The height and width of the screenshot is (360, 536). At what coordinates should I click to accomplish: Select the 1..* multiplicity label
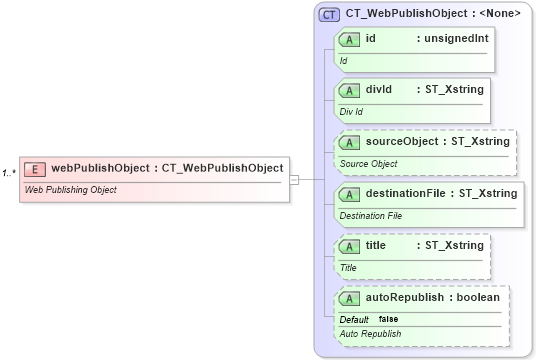point(9,173)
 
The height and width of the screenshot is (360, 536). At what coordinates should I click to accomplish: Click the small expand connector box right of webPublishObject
point(295,179)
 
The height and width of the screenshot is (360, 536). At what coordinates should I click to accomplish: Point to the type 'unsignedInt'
point(455,38)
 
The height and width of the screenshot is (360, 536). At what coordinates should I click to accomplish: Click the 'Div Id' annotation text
point(351,112)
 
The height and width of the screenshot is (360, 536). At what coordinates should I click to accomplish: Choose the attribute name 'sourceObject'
point(400,142)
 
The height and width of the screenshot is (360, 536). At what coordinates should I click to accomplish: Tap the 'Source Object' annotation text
point(369,164)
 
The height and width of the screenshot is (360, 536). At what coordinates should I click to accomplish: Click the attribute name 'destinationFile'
point(407,193)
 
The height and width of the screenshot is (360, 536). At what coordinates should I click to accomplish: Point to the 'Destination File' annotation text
point(371,215)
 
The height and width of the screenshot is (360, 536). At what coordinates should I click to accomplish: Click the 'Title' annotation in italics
point(348,268)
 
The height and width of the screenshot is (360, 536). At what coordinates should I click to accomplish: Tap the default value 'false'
point(388,319)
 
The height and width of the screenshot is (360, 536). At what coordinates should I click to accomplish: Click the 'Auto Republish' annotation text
point(371,334)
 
